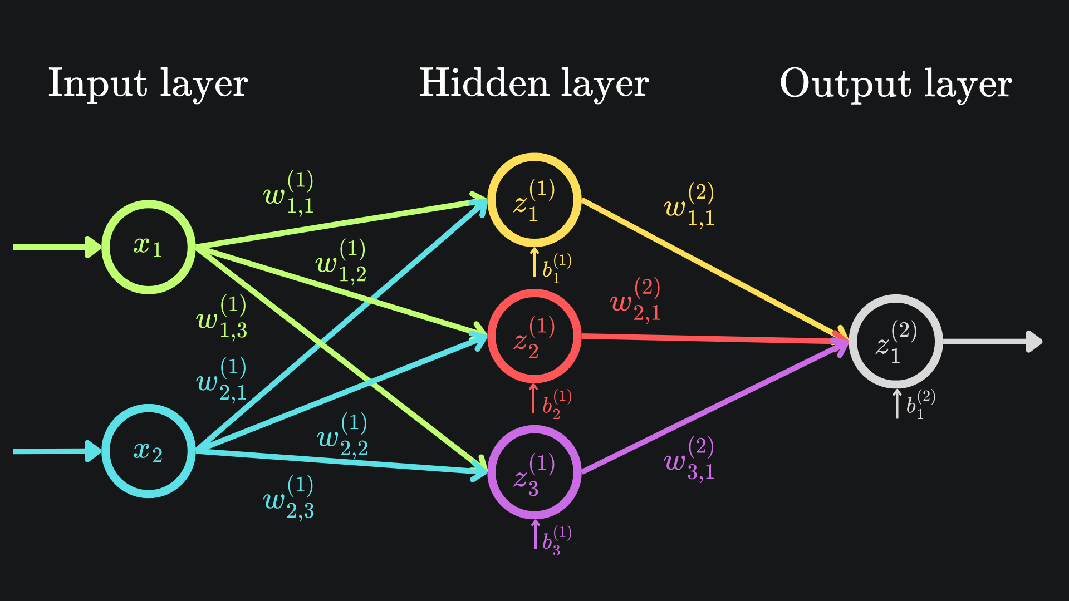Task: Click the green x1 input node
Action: tap(149, 247)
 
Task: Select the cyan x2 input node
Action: tap(149, 451)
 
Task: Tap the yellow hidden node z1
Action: tap(534, 200)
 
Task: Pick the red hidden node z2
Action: tap(534, 336)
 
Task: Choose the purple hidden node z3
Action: tap(534, 472)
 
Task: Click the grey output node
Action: tap(896, 342)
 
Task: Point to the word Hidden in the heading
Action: tap(483, 83)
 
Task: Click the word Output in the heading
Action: tap(845, 84)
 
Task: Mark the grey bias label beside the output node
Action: tap(920, 405)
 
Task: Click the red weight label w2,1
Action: tap(635, 300)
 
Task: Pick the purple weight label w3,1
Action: tap(689, 459)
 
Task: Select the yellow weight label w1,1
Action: tap(689, 205)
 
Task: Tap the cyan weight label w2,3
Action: tap(288, 497)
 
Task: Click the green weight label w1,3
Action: tap(222, 317)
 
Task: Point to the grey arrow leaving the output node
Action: tap(991, 342)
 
